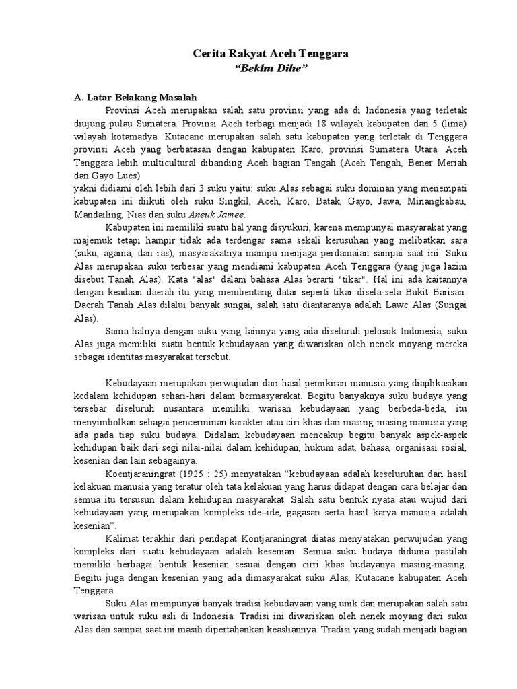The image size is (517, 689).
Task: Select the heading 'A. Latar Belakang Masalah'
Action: coord(135,97)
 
